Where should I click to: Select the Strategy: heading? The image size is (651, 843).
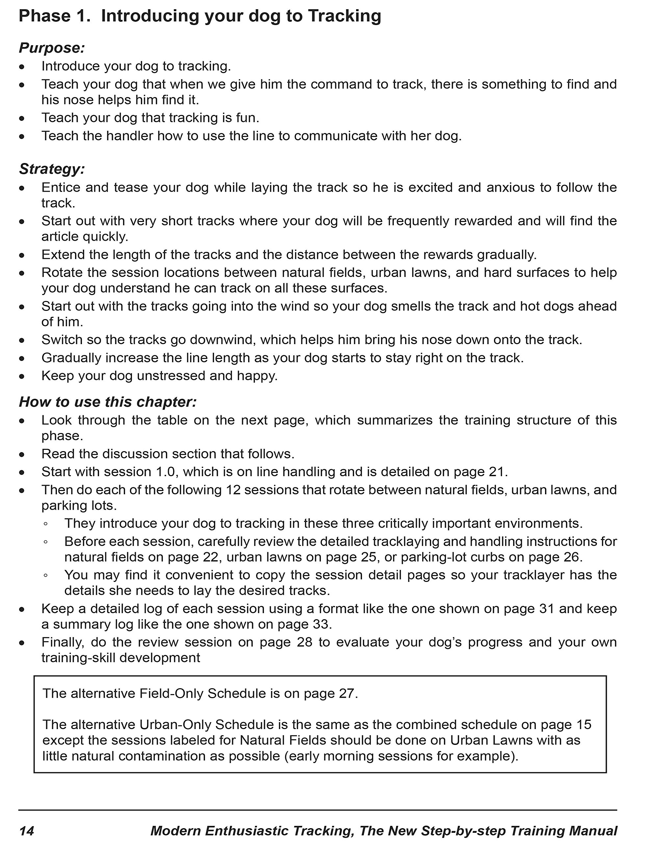(52, 169)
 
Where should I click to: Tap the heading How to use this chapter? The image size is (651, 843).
(108, 402)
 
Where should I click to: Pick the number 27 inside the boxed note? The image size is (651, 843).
(346, 693)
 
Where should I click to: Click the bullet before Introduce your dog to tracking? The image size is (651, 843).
(22, 67)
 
